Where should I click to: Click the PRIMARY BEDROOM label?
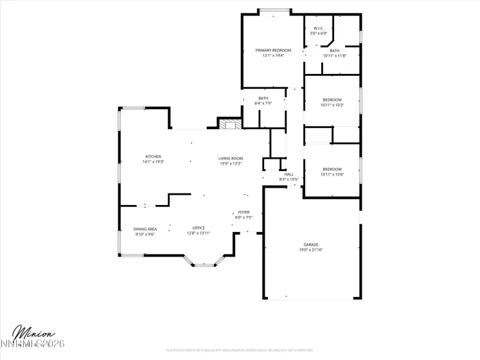pyautogui.click(x=273, y=50)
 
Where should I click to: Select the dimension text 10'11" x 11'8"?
pyautogui.click(x=334, y=56)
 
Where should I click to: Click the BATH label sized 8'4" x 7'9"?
pyautogui.click(x=263, y=98)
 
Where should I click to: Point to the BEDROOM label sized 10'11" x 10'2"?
pyautogui.click(x=332, y=100)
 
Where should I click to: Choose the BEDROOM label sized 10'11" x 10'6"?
pyautogui.click(x=332, y=169)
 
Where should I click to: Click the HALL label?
pyautogui.click(x=289, y=174)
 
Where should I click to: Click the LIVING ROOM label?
pyautogui.click(x=230, y=158)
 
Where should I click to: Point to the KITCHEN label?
pyautogui.click(x=153, y=156)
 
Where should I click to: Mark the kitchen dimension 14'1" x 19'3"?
pyautogui.click(x=153, y=162)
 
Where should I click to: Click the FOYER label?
pyautogui.click(x=244, y=212)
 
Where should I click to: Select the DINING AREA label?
pyautogui.click(x=145, y=229)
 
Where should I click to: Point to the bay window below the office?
pyautogui.click(x=206, y=262)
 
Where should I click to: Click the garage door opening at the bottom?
pyautogui.click(x=311, y=298)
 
